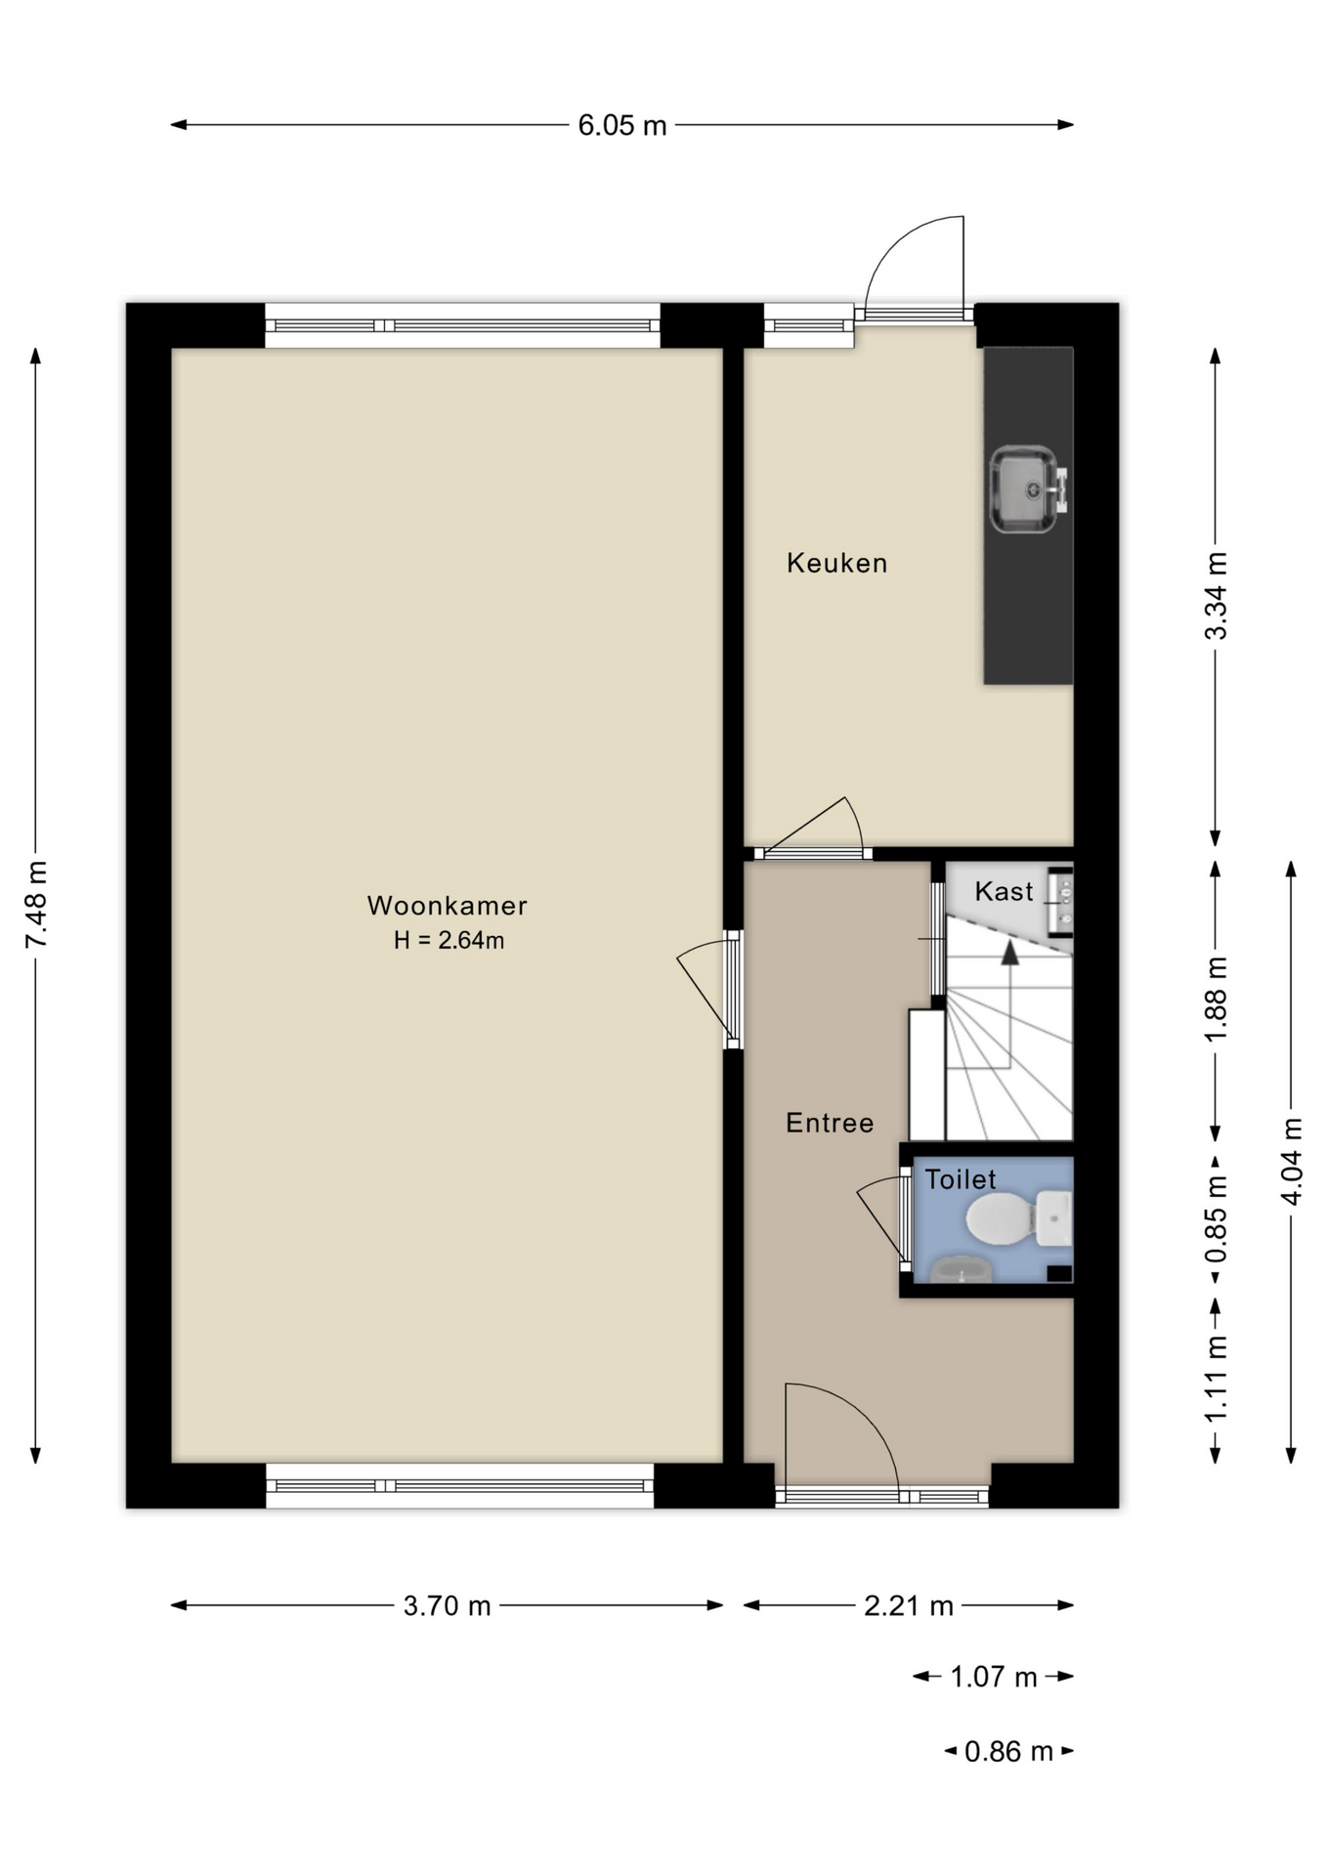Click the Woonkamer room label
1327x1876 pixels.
447,906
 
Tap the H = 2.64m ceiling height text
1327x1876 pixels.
449,941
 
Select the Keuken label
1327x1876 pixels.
836,563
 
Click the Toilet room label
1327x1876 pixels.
961,1179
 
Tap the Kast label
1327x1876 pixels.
1004,891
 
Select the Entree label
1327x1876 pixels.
830,1123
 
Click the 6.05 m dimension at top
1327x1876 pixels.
621,125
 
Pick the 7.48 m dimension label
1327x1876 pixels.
36,905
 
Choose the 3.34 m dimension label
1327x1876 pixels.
1215,596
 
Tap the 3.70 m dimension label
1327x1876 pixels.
447,1605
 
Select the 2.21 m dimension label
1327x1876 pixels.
908,1605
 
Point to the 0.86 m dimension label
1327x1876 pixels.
1008,1751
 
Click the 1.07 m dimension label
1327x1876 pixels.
993,1677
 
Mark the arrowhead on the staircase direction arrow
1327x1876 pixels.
1009,953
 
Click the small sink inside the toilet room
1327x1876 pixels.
962,1271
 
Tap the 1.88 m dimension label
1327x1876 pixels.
1215,1000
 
